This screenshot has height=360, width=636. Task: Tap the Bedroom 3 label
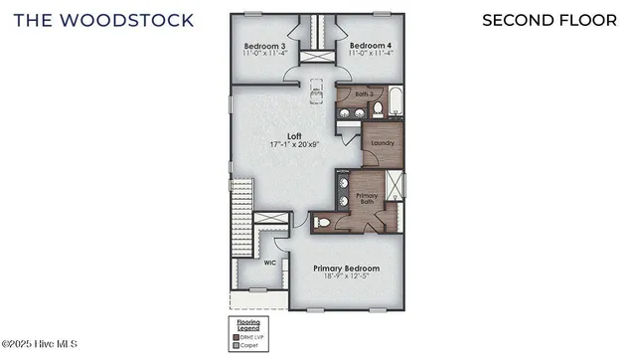point(264,46)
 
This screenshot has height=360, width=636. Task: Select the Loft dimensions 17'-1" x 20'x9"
point(295,145)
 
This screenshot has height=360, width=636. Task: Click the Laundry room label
point(382,143)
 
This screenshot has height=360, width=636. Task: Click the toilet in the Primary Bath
point(322,223)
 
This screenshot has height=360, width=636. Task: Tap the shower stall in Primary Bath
point(397,187)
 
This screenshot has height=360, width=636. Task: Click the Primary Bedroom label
point(346,269)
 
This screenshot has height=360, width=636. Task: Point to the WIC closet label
point(269,264)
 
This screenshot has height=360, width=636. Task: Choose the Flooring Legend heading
point(247,324)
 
